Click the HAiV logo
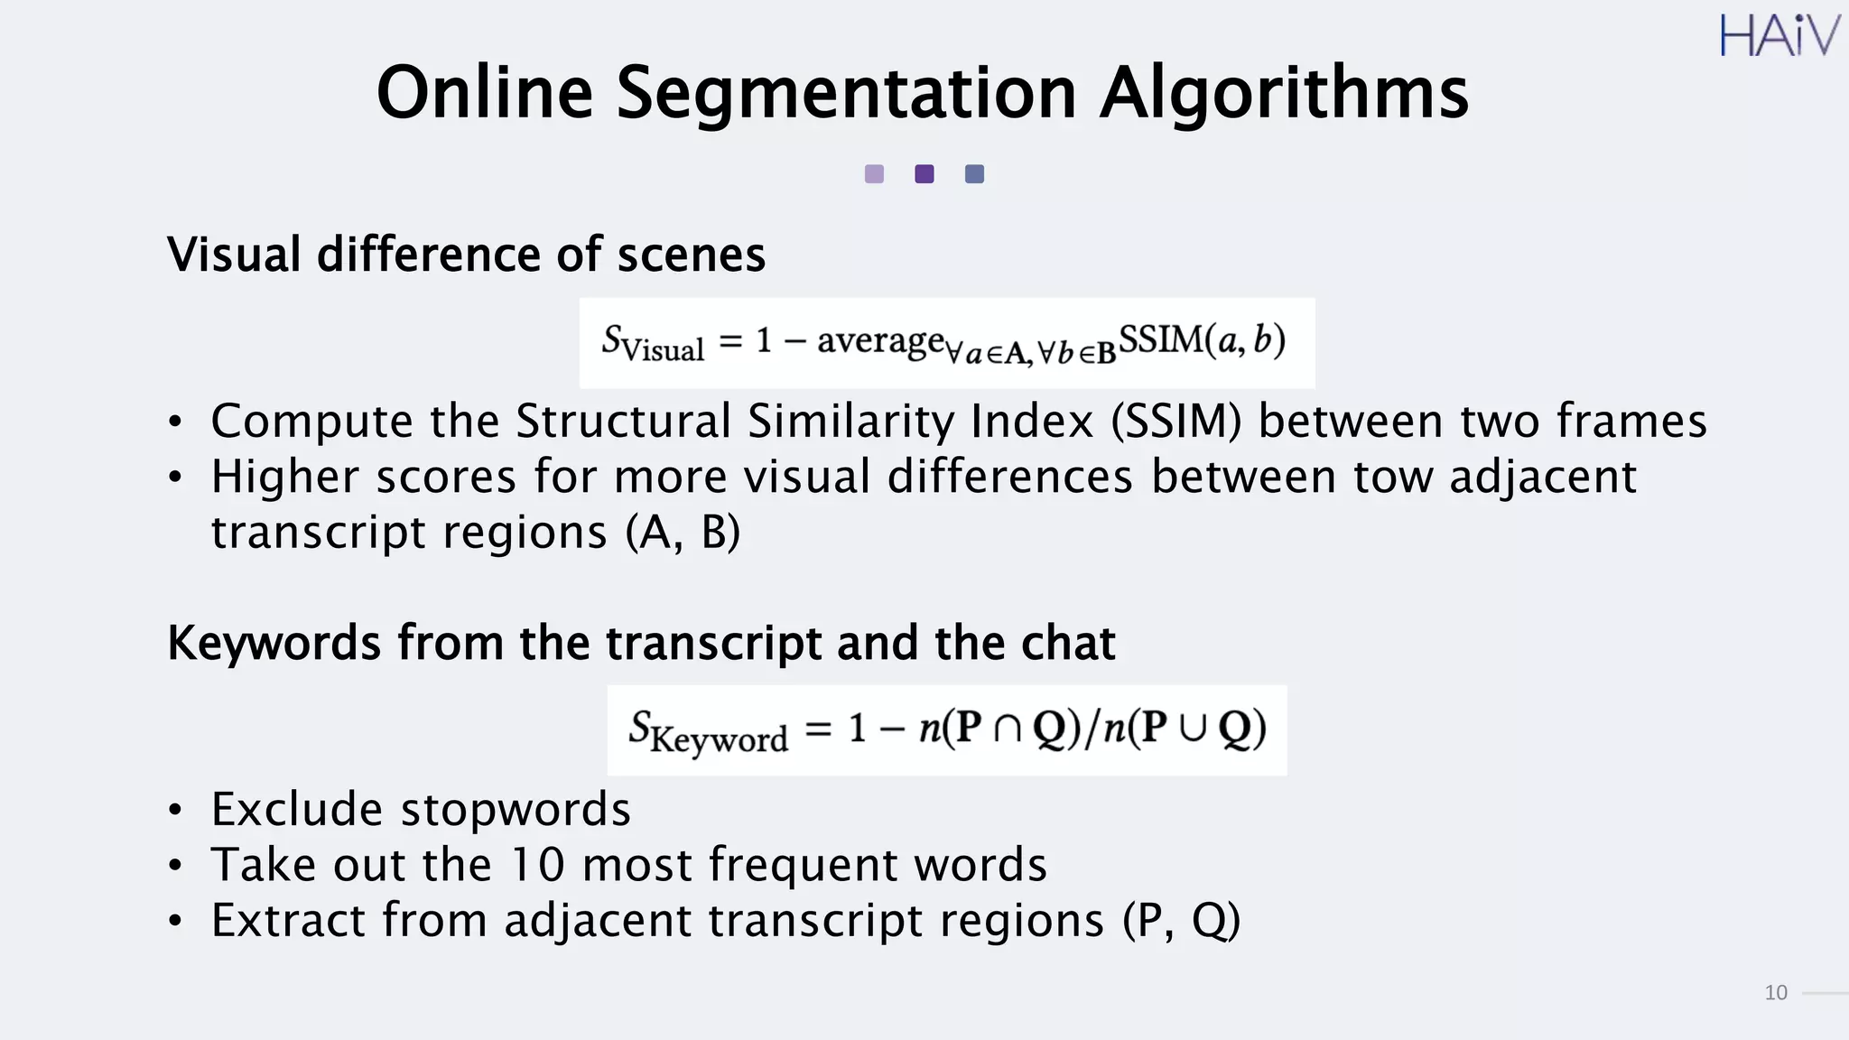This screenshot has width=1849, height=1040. click(x=1778, y=36)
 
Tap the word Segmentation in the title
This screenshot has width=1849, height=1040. click(x=846, y=93)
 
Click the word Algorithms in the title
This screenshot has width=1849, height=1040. click(x=1284, y=93)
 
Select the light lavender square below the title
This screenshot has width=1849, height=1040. click(x=874, y=174)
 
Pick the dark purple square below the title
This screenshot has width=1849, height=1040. click(x=924, y=174)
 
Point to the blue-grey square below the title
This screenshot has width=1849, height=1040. click(x=974, y=174)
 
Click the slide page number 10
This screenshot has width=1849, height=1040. click(x=1775, y=993)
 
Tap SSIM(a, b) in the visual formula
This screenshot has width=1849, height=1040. click(x=1201, y=340)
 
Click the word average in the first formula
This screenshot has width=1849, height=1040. click(x=880, y=341)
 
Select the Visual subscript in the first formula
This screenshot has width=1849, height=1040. click(x=664, y=350)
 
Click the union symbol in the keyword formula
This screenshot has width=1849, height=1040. click(x=1193, y=729)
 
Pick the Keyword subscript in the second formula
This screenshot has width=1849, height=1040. click(x=720, y=739)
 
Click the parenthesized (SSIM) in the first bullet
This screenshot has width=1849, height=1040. click(x=1176, y=422)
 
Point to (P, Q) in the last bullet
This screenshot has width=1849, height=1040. click(x=1182, y=921)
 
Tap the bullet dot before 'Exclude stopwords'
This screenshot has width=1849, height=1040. click(x=175, y=810)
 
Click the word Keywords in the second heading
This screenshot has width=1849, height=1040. click(x=274, y=644)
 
